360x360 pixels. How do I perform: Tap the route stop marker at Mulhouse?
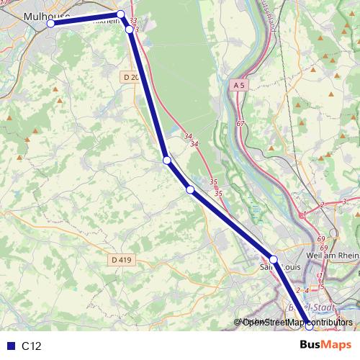click(51, 23)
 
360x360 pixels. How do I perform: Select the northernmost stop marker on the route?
click(121, 14)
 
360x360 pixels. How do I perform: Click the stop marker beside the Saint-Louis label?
click(274, 258)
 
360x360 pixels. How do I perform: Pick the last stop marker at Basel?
click(310, 325)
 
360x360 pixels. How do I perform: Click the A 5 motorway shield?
click(240, 85)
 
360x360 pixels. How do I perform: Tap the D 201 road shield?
click(131, 77)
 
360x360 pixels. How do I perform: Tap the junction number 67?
click(240, 124)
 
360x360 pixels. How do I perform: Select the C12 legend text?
click(32, 346)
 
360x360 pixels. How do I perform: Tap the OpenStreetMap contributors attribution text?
click(297, 322)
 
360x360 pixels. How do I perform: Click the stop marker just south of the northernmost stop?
click(130, 30)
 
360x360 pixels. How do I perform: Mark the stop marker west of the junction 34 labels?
click(166, 160)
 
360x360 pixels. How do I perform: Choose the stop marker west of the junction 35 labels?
click(190, 189)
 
